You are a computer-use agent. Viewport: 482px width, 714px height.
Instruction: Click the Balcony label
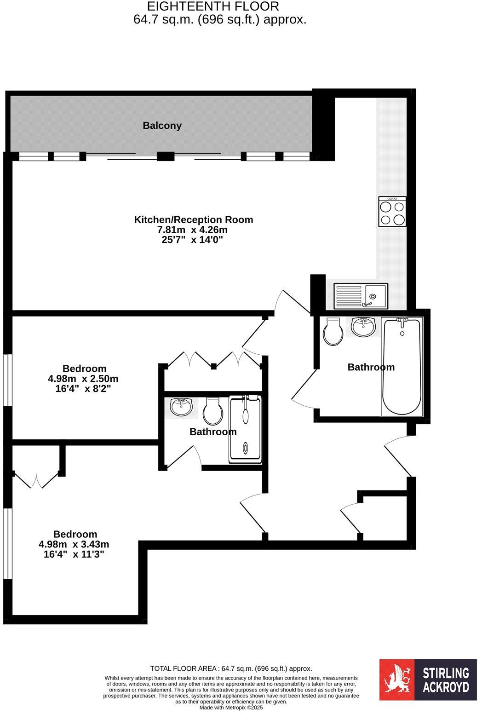(x=162, y=126)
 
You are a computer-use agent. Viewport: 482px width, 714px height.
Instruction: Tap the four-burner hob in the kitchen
(x=392, y=212)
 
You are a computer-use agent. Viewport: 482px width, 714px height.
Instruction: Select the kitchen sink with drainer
(x=361, y=296)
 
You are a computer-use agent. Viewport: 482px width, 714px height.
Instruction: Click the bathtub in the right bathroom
(x=402, y=366)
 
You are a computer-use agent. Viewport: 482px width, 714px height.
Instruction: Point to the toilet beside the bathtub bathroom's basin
(x=333, y=331)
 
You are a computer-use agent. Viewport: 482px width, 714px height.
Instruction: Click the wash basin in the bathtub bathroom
(x=363, y=327)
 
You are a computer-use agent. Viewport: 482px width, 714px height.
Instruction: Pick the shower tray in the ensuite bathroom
(x=245, y=429)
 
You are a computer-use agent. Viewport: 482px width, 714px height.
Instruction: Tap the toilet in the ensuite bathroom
(x=212, y=411)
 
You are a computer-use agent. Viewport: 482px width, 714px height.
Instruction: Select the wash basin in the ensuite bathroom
(x=181, y=408)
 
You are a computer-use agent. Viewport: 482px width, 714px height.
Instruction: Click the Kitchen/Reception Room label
(x=193, y=220)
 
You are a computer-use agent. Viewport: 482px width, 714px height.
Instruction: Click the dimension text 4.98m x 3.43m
(x=74, y=544)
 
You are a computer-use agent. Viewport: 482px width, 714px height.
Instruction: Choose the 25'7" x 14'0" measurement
(x=193, y=240)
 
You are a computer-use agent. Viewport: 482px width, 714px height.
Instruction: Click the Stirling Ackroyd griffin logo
(x=397, y=679)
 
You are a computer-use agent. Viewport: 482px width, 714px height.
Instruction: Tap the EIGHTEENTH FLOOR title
(x=212, y=6)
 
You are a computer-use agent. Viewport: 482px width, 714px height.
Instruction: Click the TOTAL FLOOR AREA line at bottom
(x=231, y=669)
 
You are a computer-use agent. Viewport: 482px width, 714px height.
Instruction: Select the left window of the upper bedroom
(x=7, y=380)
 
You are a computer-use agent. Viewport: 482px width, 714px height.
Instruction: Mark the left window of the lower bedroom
(x=7, y=543)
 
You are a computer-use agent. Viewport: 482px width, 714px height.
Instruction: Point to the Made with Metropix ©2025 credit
(x=231, y=708)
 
